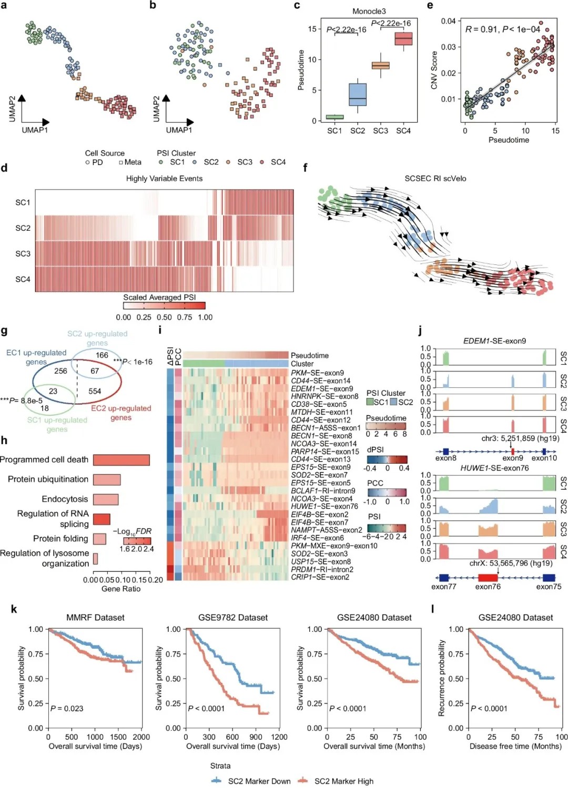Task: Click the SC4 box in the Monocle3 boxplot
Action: [x=403, y=39]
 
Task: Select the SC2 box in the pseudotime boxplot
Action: [x=358, y=95]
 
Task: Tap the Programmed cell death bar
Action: [x=121, y=460]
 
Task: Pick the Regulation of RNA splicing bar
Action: [x=102, y=519]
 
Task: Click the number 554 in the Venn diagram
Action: [x=95, y=391]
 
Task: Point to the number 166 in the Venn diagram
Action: [x=102, y=355]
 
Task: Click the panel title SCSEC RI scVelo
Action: [x=435, y=179]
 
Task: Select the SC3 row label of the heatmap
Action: [x=23, y=253]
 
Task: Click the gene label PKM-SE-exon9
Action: [x=317, y=373]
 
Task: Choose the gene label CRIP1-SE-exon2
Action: [x=320, y=577]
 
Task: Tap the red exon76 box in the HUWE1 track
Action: [x=488, y=577]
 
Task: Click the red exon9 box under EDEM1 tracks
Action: [x=512, y=451]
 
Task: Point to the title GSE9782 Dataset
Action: [x=233, y=618]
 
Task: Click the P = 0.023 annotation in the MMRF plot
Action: [x=67, y=709]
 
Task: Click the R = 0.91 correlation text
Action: [x=502, y=29]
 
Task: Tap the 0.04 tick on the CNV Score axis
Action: [x=448, y=21]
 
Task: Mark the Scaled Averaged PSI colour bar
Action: [x=164, y=306]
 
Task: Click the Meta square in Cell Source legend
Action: [x=121, y=162]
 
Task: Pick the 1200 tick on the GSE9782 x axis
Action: [x=279, y=737]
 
